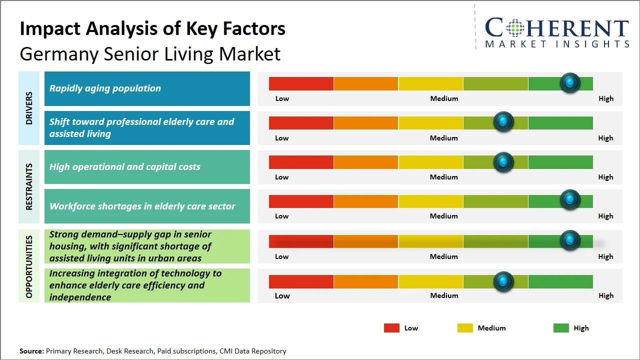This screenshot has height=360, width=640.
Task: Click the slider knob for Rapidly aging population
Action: [569, 82]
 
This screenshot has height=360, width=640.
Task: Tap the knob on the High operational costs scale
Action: [503, 162]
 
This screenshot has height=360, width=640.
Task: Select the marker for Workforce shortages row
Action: [569, 199]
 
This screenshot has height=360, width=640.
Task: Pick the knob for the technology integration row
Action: [503, 281]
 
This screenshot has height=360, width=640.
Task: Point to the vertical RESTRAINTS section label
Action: [29, 186]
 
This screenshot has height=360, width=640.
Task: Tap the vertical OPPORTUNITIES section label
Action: [29, 266]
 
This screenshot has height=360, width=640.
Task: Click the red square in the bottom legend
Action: [391, 328]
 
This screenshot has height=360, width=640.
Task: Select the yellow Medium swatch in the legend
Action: [465, 328]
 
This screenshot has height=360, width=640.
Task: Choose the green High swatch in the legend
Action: [561, 328]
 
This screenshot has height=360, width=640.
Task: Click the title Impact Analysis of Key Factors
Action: [152, 29]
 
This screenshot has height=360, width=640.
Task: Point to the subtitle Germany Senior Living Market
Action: [150, 54]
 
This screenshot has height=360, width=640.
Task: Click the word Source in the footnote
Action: [31, 351]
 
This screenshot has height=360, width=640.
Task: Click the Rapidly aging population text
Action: [105, 88]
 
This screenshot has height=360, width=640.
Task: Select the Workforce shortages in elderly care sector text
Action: [142, 206]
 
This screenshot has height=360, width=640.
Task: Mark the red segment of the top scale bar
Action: [301, 83]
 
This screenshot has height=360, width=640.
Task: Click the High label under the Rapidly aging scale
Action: [605, 98]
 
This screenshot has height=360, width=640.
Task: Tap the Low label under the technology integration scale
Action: [282, 295]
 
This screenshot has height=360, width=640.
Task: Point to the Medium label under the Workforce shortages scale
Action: [443, 216]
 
